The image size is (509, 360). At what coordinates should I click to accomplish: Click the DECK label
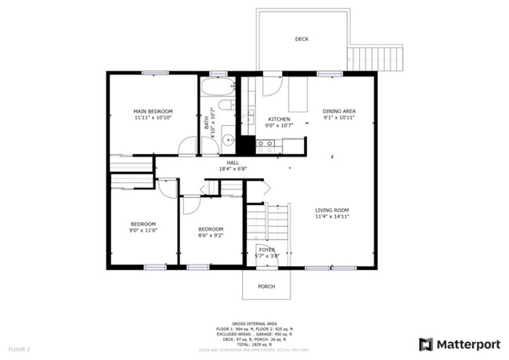pos(301,39)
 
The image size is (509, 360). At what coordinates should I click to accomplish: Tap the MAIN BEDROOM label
pos(153,112)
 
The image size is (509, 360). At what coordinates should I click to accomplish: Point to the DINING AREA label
pos(339,112)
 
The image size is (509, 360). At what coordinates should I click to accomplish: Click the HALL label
pos(233,162)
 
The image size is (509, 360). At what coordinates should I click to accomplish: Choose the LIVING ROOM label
pos(332,211)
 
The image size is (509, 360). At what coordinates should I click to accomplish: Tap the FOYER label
pos(267,250)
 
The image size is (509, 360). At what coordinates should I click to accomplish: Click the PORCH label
pos(266,286)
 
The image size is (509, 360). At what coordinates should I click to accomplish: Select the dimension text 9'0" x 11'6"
pos(143,231)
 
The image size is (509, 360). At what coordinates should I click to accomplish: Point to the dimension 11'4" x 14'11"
pos(332,217)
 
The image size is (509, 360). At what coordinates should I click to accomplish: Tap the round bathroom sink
pos(226,141)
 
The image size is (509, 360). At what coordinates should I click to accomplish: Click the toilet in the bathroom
pos(226,105)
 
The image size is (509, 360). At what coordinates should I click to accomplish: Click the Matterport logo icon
pos(426,344)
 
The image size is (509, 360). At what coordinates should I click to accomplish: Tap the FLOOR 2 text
pos(20,347)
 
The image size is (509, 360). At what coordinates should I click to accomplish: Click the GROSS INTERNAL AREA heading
pos(254,322)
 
